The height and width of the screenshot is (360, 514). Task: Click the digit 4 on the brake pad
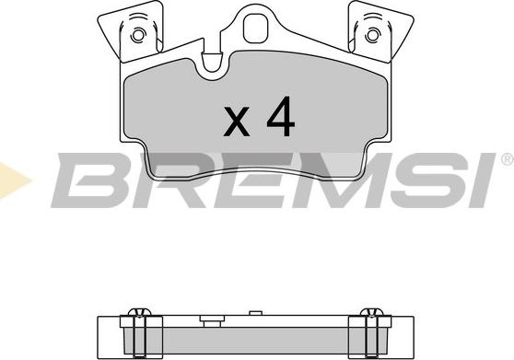coord(281,117)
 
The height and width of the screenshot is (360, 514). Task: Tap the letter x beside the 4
coord(237,121)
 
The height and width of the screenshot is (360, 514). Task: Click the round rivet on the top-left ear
coord(138,35)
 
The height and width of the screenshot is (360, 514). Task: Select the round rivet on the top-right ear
coord(372,35)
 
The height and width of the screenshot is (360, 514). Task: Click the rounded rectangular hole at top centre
coord(255,28)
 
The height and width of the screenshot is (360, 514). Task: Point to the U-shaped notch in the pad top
coord(211,63)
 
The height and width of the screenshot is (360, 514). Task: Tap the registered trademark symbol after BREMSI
coord(508,159)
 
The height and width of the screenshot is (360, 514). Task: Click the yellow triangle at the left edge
coord(13,180)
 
